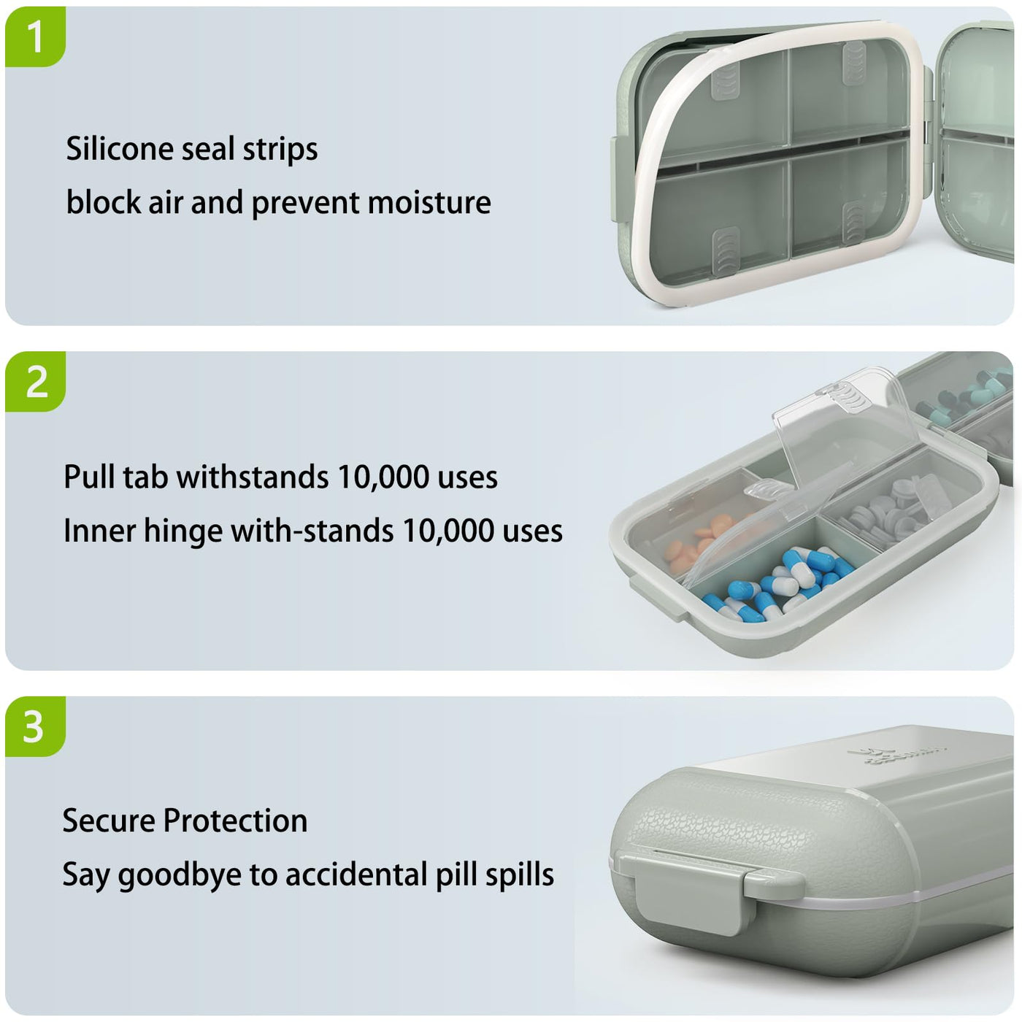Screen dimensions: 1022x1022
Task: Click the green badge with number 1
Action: point(35,36)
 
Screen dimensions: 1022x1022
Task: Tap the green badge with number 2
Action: point(35,381)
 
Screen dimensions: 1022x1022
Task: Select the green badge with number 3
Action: point(35,726)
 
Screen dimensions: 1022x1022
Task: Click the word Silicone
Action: point(119,148)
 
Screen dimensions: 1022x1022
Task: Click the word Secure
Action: point(108,821)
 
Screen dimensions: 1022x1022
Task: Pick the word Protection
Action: point(236,821)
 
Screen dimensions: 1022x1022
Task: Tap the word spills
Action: point(519,875)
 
